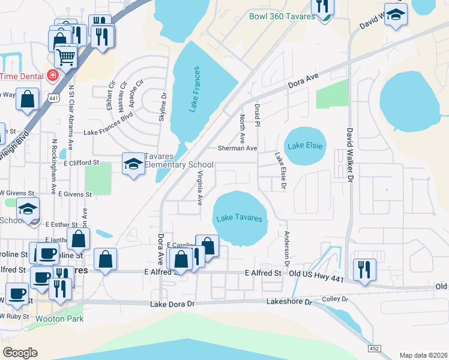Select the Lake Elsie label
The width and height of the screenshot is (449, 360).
[x=306, y=146]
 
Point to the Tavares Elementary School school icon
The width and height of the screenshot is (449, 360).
[x=133, y=164]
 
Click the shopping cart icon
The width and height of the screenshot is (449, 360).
[x=66, y=58]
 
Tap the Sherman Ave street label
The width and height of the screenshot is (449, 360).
[x=237, y=148]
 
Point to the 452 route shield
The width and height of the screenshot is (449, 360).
[x=373, y=349]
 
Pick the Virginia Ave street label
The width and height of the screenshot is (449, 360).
[x=199, y=187]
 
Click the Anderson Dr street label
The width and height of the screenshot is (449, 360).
[x=287, y=248]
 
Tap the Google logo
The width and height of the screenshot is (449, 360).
[x=20, y=353]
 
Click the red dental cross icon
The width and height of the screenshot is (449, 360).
[x=53, y=76]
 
